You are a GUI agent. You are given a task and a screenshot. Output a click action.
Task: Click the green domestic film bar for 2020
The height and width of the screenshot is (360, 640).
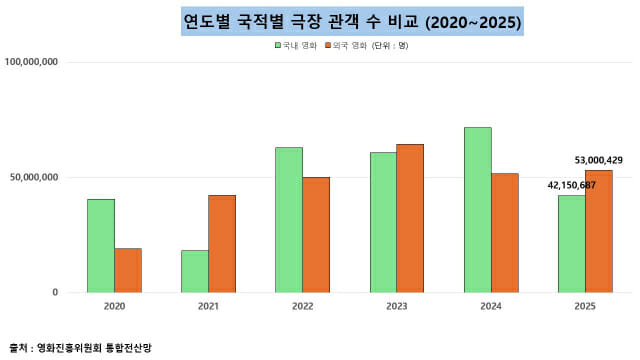[100, 246]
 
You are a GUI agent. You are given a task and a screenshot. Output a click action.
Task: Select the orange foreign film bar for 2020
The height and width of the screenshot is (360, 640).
[127, 270]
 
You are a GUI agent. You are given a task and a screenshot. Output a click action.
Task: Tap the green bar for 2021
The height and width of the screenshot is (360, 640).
[194, 271]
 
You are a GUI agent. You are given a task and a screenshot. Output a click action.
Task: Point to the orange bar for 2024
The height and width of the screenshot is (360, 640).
[505, 233]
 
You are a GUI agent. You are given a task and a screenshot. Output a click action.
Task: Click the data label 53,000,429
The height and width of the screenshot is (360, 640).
[599, 160]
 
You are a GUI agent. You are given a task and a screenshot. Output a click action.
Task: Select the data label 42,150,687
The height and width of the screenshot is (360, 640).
[572, 185]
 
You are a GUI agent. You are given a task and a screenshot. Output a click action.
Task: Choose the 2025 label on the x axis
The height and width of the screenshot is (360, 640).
[585, 308]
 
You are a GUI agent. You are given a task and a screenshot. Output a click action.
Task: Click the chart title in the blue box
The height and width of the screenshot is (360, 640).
[352, 21]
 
